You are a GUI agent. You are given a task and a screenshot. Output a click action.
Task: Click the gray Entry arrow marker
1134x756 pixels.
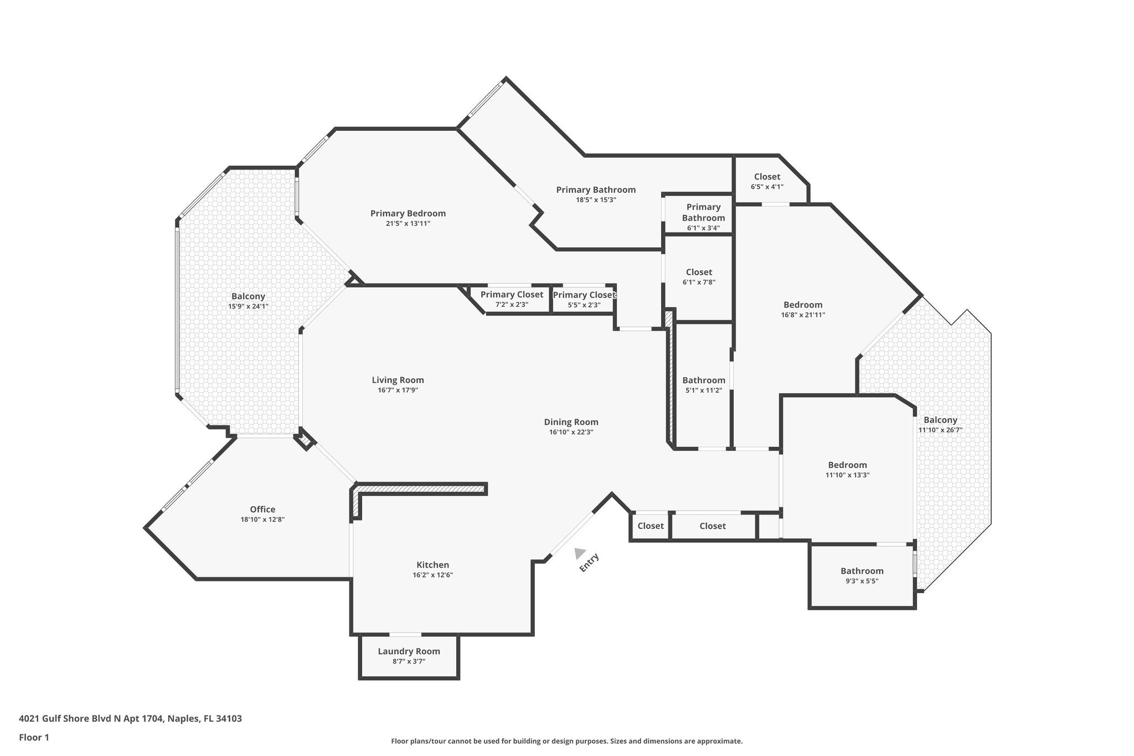coord(580,553)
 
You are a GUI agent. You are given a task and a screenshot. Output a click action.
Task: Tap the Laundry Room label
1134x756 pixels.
coord(409,651)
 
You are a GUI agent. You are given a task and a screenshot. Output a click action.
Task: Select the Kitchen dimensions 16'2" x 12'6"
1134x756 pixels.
coord(432,575)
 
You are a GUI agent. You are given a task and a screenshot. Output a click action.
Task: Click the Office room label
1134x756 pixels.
coord(262,510)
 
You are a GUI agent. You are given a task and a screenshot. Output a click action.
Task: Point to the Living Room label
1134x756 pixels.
coord(398,380)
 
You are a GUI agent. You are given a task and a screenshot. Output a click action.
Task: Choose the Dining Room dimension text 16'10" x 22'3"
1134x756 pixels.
coord(571,432)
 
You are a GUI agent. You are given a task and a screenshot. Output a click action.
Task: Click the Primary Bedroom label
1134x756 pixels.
coord(408,213)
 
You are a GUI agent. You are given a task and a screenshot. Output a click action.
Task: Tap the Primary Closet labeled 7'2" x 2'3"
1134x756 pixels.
coord(512,299)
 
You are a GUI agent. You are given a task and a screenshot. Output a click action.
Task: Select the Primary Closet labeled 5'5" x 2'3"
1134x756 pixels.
coord(584,299)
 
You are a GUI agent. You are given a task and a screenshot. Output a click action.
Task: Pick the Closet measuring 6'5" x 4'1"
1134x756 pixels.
coord(767,181)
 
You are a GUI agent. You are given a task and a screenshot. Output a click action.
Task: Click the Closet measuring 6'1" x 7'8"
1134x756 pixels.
coord(699,276)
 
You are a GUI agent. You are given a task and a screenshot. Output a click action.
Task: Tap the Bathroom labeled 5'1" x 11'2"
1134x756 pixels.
coord(703,384)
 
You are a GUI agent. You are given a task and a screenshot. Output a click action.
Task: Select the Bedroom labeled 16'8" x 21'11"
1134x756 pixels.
coord(803,309)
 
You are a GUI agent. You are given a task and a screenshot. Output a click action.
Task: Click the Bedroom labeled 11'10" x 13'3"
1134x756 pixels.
coord(847,469)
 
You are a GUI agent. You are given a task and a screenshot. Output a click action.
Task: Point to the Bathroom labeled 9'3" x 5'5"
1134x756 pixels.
coord(862,575)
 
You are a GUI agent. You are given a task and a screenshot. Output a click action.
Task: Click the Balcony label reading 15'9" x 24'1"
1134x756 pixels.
coord(248,301)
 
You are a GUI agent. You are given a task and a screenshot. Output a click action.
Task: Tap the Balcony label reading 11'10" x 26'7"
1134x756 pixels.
coord(940,424)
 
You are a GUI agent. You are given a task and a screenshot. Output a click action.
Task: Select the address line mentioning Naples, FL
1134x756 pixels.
coord(130,719)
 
